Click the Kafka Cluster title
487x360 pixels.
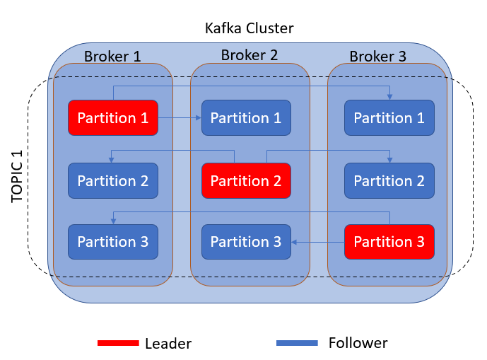pos(248,28)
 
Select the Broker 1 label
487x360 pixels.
pos(112,57)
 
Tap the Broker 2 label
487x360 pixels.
pos(250,55)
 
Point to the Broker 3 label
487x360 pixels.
pos(378,57)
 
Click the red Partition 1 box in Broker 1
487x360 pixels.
pos(112,117)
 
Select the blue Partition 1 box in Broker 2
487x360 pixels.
pos(246,117)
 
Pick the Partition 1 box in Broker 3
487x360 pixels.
pos(389,117)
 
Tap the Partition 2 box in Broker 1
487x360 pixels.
pos(112,180)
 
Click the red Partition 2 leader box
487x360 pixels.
pos(246,180)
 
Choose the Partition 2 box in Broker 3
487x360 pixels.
pos(389,180)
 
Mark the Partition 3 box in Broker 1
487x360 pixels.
pos(112,241)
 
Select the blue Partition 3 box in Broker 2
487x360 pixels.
pos(246,241)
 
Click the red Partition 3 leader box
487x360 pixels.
pos(389,241)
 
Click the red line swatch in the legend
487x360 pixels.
pos(118,343)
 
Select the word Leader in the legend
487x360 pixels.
pos(168,344)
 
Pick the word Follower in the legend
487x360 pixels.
pos(358,343)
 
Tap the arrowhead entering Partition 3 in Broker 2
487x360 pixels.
pos(295,242)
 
